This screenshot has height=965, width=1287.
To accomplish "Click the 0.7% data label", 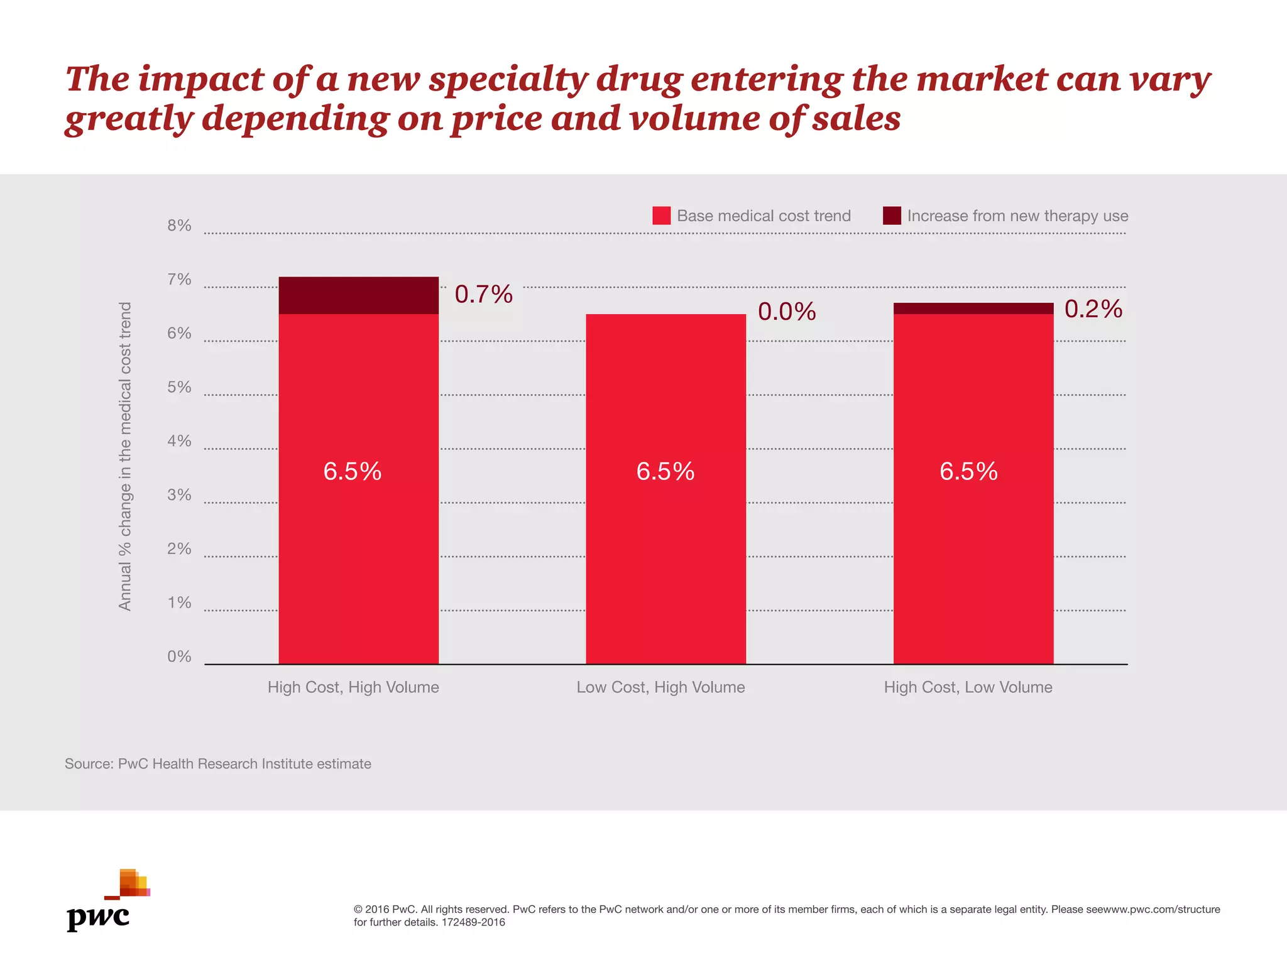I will tap(483, 295).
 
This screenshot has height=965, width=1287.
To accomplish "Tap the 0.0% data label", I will tap(787, 312).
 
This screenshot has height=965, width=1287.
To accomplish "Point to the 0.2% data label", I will tap(1093, 309).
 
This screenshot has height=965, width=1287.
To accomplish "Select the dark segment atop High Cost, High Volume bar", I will tap(358, 295).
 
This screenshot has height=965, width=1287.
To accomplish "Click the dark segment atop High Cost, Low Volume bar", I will tap(973, 308).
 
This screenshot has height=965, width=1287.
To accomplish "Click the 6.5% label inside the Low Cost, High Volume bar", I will tap(665, 471).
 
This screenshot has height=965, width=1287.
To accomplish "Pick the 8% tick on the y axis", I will tap(179, 226).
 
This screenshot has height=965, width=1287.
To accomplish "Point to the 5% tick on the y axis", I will tap(179, 387).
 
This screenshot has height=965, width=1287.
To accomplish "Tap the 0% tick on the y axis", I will tap(179, 657).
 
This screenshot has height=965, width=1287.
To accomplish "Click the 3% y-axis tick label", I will tap(179, 495).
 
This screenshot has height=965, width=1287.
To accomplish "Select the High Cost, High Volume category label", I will tap(353, 687).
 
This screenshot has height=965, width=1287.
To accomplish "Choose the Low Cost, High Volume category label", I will tap(660, 687).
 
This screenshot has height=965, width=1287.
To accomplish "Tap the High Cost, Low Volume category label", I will tap(968, 687).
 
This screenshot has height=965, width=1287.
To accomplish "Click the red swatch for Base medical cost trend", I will tap(661, 215).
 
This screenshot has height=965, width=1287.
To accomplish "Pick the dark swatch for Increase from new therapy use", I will tap(892, 215).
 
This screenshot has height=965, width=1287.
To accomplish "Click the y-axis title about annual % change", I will tap(125, 456).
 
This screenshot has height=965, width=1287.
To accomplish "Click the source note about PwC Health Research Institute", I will tap(217, 764).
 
